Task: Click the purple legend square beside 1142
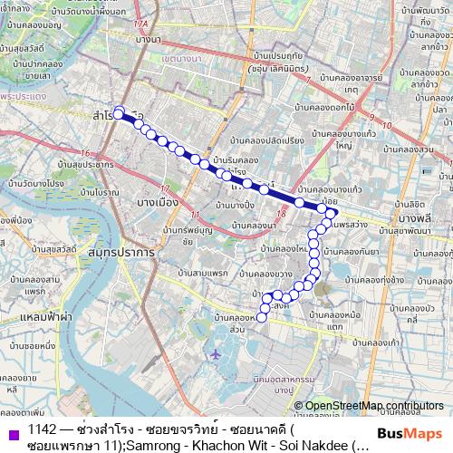(x=11, y=429)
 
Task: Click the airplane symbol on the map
(x=217, y=353)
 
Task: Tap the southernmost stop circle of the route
(x=264, y=316)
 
